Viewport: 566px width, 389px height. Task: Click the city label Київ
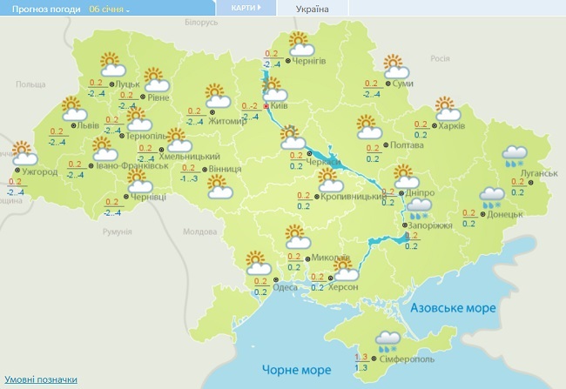pyautogui.click(x=280, y=104)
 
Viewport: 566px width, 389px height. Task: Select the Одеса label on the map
pyautogui.click(x=285, y=287)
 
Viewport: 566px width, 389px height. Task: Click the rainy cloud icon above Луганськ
pyautogui.click(x=513, y=156)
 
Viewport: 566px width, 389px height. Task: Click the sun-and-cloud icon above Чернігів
pyautogui.click(x=300, y=43)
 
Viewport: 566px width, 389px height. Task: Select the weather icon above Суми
pyautogui.click(x=396, y=65)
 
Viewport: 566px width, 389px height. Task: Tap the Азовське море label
pyautogui.click(x=453, y=309)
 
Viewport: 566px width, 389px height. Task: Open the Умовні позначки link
pyautogui.click(x=41, y=379)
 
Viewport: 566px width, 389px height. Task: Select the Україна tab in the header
pyautogui.click(x=313, y=9)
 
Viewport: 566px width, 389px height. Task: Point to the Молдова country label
pyautogui.click(x=199, y=231)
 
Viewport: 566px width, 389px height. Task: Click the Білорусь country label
pyautogui.click(x=199, y=23)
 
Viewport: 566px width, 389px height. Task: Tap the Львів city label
pyautogui.click(x=88, y=125)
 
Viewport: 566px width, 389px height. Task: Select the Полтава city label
pyautogui.click(x=408, y=145)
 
